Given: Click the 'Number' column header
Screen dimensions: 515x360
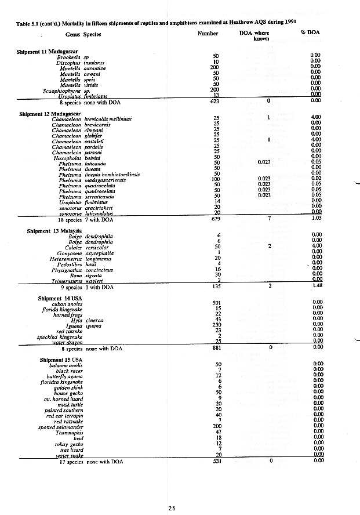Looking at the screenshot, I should pyautogui.click(x=208, y=34).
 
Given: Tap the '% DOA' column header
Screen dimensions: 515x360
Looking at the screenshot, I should pyautogui.click(x=310, y=33).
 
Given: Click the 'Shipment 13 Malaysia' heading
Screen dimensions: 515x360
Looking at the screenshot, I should pyautogui.click(x=52, y=231).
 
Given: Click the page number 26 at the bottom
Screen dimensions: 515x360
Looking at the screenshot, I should pyautogui.click(x=172, y=508).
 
